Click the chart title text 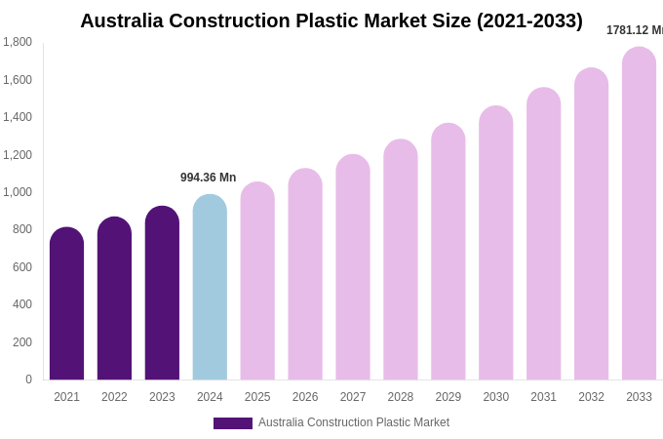click(331, 20)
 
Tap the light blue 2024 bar click(210, 288)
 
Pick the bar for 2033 click(639, 215)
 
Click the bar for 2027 click(353, 268)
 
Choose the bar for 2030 click(495, 244)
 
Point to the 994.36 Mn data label click(208, 178)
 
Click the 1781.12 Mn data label click(634, 30)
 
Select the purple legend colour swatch click(232, 423)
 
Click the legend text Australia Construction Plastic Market click(354, 422)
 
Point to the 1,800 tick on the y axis click(18, 42)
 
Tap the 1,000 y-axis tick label click(18, 192)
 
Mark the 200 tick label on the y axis click(21, 342)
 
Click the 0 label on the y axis click(28, 379)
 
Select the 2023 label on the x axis click(162, 397)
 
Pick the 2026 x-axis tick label click(305, 397)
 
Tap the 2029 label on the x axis click(448, 397)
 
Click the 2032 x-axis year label click(591, 397)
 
